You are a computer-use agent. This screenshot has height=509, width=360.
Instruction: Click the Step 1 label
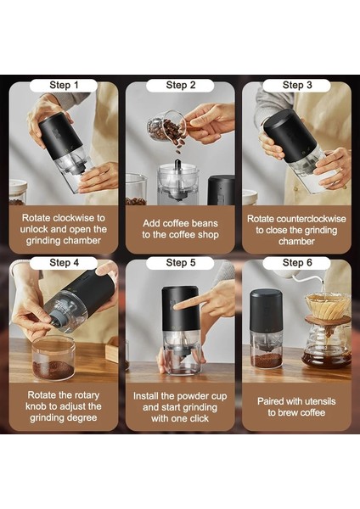tap(64, 85)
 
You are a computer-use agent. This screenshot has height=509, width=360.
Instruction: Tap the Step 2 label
tap(181, 85)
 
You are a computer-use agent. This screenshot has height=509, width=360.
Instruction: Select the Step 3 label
tap(297, 85)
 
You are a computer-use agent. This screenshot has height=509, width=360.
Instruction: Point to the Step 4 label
tap(64, 263)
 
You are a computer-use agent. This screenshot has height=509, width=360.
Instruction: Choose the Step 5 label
tap(181, 263)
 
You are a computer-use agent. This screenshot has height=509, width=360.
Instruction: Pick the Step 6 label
tap(297, 263)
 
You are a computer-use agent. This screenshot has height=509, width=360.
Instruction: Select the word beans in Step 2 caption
tap(204, 223)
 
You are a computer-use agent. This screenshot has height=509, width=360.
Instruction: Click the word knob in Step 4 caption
tap(36, 406)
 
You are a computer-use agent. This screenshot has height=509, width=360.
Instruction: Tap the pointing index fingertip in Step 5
tap(174, 305)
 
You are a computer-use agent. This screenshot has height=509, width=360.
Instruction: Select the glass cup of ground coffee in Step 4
tap(54, 358)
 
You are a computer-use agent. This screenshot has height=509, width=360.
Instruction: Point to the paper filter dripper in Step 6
tap(328, 306)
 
